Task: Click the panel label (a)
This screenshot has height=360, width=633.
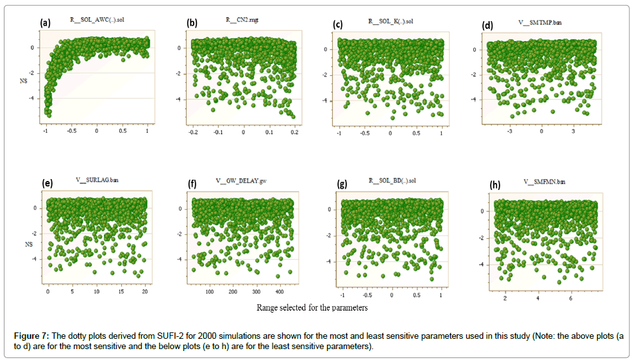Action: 45,22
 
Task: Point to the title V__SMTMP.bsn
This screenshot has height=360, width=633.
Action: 540,22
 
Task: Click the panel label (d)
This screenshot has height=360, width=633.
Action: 488,26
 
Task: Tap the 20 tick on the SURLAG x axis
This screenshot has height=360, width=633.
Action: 145,291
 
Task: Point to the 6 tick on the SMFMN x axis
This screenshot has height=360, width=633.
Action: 571,298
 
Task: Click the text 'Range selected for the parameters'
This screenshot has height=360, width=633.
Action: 312,307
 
